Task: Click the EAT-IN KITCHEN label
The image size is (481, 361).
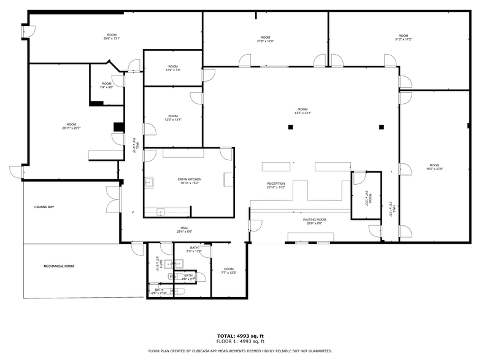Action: click(190, 179)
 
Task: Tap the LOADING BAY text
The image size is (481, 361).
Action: click(44, 208)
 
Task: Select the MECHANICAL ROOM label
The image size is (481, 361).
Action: click(58, 266)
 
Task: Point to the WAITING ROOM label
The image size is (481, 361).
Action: click(314, 219)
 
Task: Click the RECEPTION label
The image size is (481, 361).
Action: click(276, 184)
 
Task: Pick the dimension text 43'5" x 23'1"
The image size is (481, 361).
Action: click(303, 113)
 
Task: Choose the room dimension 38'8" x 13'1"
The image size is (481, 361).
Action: click(112, 39)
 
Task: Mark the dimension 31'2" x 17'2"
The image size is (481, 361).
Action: click(403, 39)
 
